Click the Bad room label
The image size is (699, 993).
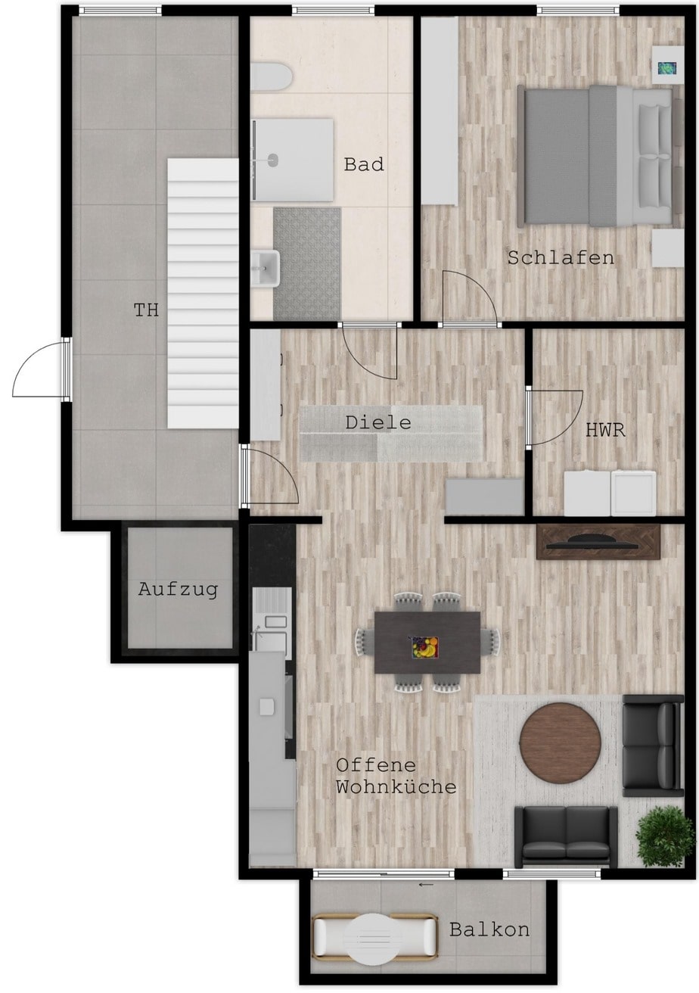(x=364, y=164)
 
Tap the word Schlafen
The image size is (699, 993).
(x=561, y=258)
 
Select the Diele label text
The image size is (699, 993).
(x=378, y=422)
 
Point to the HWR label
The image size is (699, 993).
(x=605, y=430)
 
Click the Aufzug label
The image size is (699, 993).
(x=178, y=590)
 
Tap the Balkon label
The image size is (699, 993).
(x=489, y=929)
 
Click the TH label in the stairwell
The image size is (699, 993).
(x=146, y=310)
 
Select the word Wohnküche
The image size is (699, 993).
(x=396, y=787)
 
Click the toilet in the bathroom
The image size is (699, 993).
(x=271, y=76)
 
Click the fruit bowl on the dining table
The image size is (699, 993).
(x=423, y=647)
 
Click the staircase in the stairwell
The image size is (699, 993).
(x=203, y=293)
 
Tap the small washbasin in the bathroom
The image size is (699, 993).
(x=265, y=268)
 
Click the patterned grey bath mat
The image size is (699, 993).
(x=307, y=263)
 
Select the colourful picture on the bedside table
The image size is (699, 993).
(x=666, y=68)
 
